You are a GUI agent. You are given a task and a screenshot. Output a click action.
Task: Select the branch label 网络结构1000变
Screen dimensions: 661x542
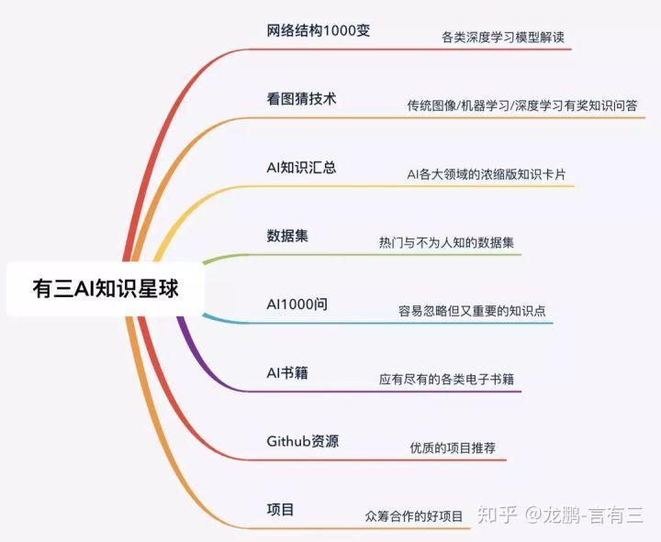[x=318, y=30]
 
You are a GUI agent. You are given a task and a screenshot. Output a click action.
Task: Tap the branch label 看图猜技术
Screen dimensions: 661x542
[x=301, y=99]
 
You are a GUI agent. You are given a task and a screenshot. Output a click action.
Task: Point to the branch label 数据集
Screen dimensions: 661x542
[x=286, y=236]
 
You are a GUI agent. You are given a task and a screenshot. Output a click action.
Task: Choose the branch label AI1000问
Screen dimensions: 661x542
[x=297, y=304]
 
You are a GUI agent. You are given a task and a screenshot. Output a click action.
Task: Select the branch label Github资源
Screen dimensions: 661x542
[x=303, y=441]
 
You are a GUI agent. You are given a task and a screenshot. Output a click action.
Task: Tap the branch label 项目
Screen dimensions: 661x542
[x=280, y=509]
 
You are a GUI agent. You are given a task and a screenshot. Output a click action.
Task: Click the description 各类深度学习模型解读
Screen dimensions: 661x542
[x=502, y=39]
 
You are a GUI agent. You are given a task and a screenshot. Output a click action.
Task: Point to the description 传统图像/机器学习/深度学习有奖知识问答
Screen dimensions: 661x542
[x=522, y=105]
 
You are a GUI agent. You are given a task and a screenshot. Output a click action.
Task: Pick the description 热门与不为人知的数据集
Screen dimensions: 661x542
[x=446, y=243]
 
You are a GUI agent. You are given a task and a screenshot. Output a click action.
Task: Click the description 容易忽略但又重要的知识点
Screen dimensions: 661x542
[x=472, y=312]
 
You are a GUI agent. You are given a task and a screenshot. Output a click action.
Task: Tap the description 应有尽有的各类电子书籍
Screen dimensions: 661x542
[x=446, y=379]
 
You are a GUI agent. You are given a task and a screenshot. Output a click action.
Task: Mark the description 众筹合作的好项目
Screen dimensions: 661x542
[x=414, y=516]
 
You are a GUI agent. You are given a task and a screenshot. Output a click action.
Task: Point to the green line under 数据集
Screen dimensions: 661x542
[x=367, y=255]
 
